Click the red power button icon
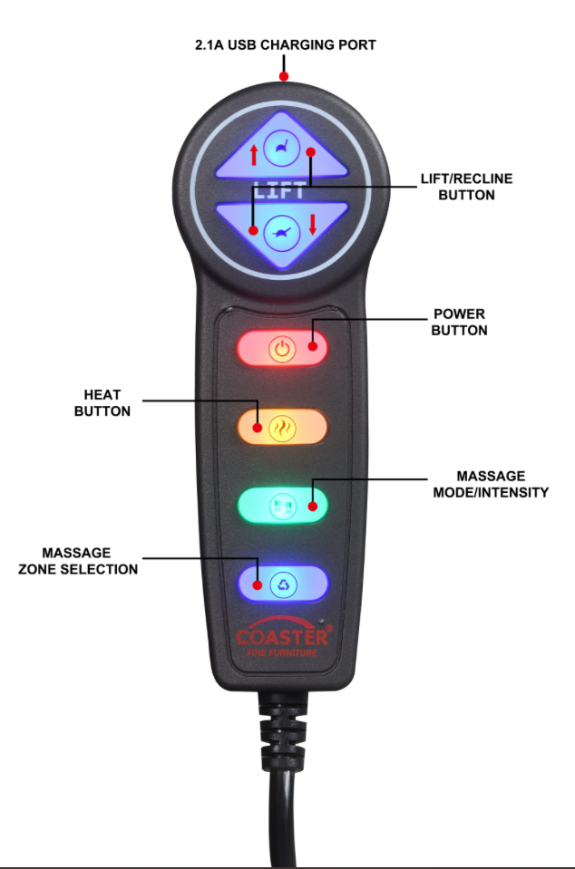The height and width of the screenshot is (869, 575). pos(283,348)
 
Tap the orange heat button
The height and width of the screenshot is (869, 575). pos(282,427)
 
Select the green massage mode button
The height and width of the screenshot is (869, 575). pos(282,504)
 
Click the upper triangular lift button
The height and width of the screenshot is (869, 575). pos(281,148)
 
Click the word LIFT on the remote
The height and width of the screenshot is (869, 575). pos(280,191)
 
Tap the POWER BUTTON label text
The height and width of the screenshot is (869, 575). pos(459,323)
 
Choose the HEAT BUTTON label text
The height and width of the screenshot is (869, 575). pos(106,403)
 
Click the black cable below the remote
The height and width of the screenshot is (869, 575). pos(282,797)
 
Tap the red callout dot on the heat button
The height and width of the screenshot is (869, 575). pos(257,426)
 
